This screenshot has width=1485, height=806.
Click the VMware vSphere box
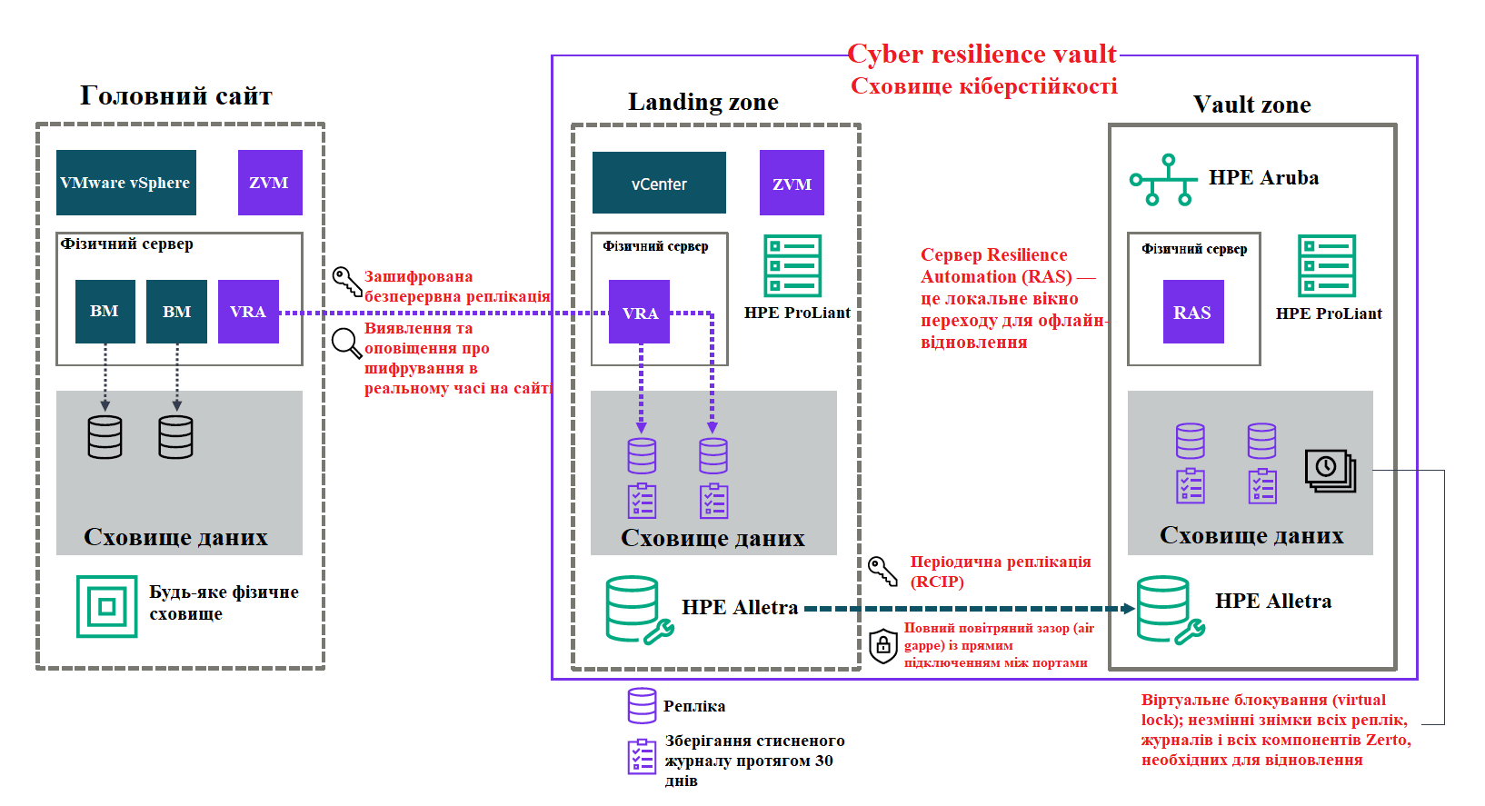click(x=125, y=183)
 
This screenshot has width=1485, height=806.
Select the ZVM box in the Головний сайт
click(x=270, y=183)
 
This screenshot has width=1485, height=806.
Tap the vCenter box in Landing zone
click(x=659, y=183)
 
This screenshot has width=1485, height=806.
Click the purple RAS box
click(x=1192, y=312)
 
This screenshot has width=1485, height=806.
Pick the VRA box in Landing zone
click(x=639, y=312)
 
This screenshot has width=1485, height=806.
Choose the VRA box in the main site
click(x=248, y=312)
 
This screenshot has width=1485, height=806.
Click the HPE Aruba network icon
click(x=1162, y=180)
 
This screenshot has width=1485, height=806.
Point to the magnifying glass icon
click(x=346, y=343)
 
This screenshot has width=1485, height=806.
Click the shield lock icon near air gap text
click(x=882, y=646)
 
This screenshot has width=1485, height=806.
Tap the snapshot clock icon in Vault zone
click(x=1330, y=470)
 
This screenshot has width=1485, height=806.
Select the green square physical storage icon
click(x=107, y=606)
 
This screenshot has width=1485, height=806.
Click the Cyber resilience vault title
click(x=982, y=54)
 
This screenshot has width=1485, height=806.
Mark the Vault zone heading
click(x=1251, y=104)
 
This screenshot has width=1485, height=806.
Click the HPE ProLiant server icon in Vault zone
click(x=1327, y=265)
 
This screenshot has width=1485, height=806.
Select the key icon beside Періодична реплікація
click(x=882, y=571)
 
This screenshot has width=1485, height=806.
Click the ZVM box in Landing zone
click(x=792, y=183)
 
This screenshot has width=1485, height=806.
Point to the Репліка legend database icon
click(x=642, y=705)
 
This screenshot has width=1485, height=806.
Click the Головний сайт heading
click(x=176, y=95)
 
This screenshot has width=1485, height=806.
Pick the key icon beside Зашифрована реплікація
click(x=346, y=282)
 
